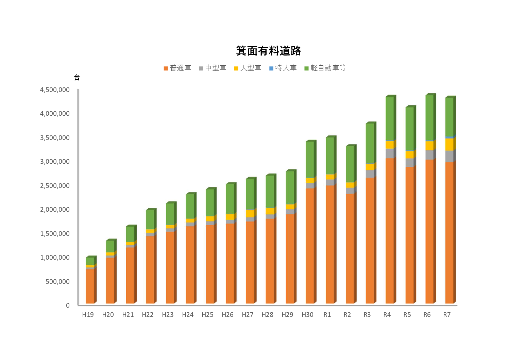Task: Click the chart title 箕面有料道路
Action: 268,51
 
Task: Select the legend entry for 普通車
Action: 177,68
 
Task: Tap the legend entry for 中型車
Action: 213,68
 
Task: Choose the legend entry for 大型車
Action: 248,68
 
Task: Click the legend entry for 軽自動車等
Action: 325,68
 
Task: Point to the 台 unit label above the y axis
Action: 77,78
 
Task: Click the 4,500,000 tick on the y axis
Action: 55,90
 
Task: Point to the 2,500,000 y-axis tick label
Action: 55,186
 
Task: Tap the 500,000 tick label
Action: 57,282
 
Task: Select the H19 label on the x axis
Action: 88,315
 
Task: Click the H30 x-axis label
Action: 307,315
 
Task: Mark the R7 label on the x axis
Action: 447,315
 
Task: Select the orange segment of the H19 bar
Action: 90,286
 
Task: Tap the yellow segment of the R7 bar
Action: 449,144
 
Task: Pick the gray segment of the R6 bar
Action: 429,155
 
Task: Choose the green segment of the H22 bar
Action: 150,219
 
